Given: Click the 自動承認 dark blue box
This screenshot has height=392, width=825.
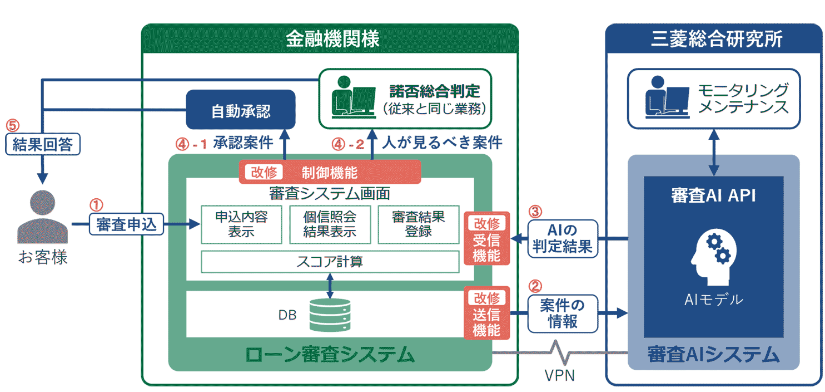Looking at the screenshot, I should point(240,110).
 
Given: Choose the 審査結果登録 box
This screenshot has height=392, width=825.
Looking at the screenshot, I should point(418,224).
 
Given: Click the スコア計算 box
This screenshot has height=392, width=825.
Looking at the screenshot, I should point(330,262).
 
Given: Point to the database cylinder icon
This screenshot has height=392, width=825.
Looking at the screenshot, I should point(330,315).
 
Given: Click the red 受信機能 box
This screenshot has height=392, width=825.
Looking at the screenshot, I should point(486,240).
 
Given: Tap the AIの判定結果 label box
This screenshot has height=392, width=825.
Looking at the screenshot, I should point(562,238).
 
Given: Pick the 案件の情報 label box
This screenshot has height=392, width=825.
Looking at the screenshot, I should point(562,313).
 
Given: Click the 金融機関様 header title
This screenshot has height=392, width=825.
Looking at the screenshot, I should point(332,39).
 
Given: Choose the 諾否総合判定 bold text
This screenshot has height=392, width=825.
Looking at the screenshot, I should point(434,90).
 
